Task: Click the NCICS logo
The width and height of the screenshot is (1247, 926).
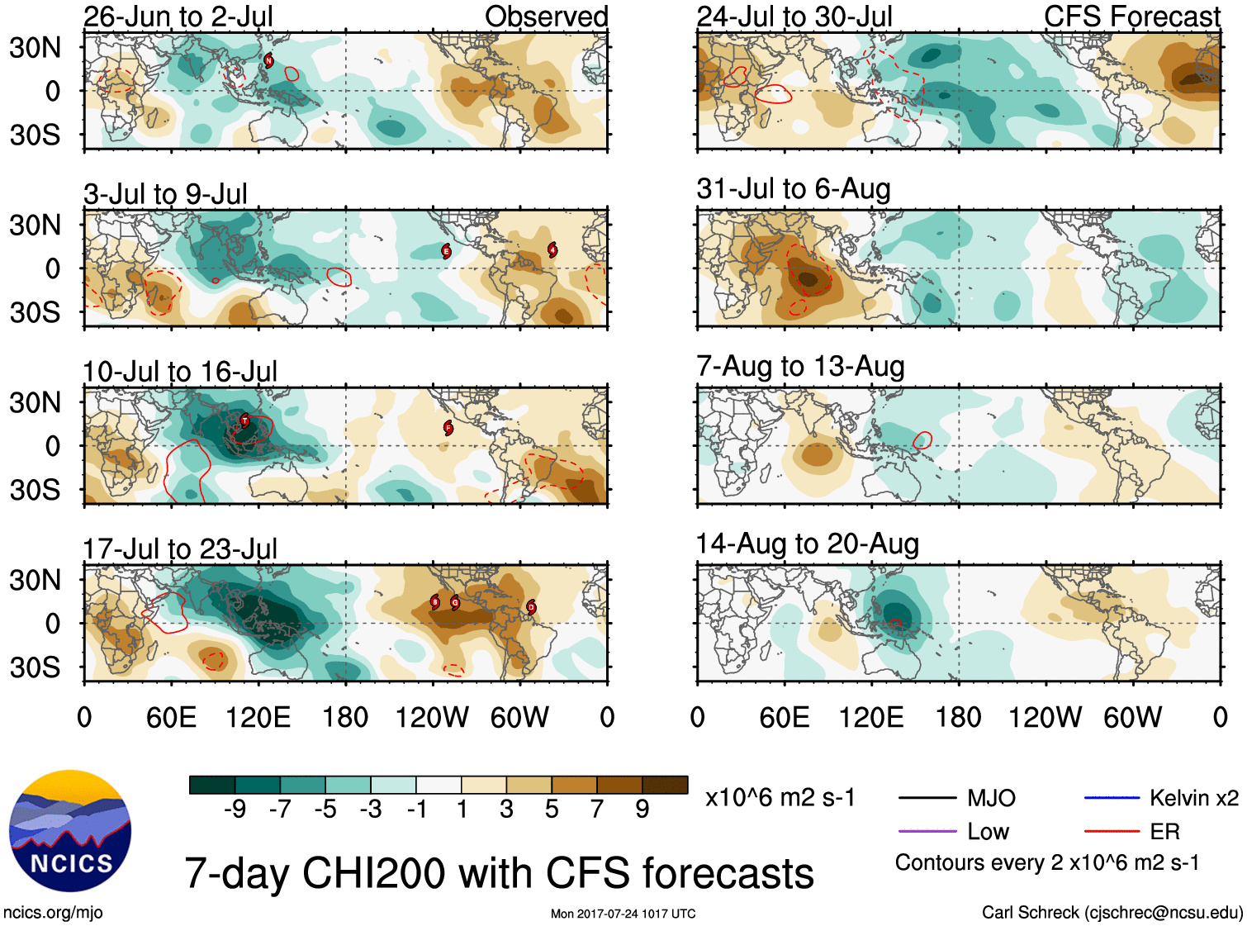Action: point(70,831)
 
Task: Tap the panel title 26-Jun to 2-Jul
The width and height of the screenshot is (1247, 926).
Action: point(178,17)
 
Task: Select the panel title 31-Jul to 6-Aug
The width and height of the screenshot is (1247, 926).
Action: point(794,189)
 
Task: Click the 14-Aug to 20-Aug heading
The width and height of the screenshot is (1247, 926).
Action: point(807,544)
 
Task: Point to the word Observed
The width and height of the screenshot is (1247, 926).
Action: point(546,17)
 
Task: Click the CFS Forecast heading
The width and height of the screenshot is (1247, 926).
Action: point(1131,17)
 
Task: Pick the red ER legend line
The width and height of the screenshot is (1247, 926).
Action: point(1112,832)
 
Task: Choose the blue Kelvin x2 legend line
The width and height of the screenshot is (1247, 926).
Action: point(1112,798)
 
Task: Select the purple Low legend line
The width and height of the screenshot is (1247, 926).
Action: point(927,832)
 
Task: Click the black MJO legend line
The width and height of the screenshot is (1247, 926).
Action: point(927,798)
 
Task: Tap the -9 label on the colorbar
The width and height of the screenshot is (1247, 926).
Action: point(235,810)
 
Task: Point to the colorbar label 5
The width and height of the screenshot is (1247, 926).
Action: point(552,810)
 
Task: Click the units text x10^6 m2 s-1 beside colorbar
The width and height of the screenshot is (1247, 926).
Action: point(780,798)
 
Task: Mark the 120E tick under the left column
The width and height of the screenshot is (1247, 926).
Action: point(258,717)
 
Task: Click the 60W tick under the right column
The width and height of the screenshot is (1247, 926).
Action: point(1132,717)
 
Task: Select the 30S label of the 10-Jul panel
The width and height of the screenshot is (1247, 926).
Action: point(35,490)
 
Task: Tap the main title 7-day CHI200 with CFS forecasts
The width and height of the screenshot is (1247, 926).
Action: point(499,873)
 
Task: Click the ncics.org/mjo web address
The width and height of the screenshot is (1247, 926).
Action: point(53,913)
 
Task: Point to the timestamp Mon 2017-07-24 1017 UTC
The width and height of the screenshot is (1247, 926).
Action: point(623,914)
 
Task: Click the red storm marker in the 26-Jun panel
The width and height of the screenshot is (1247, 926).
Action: point(268,59)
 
